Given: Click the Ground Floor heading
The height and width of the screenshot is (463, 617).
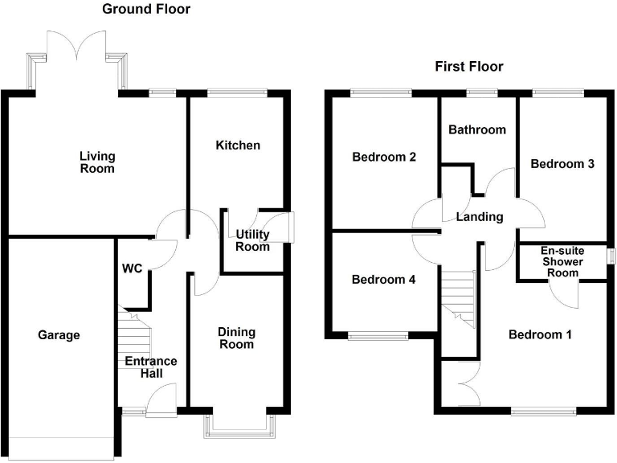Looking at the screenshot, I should pos(146,10).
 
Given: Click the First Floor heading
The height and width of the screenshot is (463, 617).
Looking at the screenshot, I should pos(469,67).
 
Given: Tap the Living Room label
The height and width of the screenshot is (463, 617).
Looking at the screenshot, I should pos(97,162).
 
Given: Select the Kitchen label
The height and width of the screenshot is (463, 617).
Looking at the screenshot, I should pos(238,145).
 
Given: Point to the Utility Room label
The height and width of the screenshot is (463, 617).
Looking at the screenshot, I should pos(252,240).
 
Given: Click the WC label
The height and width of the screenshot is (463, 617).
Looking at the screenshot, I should pos(133,268).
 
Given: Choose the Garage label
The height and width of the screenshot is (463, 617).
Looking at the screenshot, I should pos(59,335).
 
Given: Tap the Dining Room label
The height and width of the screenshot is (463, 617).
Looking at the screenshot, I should pos(237,338).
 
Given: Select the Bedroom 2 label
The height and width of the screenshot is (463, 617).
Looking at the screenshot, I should pos(384,157).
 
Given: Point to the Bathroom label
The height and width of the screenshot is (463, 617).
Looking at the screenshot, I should pos(477,129).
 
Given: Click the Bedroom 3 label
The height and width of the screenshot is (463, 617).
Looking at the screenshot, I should pos(562,164).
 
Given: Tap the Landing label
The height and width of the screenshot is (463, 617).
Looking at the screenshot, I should pos(479,217).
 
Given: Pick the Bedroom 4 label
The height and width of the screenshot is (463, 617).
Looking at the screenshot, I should pos(384,281).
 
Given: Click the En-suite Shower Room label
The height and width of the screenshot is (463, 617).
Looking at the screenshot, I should pos(562,262).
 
